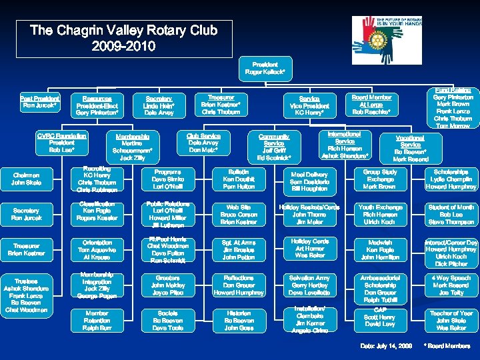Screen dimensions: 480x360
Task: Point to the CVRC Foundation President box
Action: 62,143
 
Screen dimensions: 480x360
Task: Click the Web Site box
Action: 238,215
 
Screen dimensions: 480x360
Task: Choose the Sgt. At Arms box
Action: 238,249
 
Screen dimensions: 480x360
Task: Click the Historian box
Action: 238,320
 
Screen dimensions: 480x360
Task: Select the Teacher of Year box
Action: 451,319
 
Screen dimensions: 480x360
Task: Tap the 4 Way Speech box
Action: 451,285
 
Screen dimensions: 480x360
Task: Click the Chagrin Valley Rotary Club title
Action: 121,39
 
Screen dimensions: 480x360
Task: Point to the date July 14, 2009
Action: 386,345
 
